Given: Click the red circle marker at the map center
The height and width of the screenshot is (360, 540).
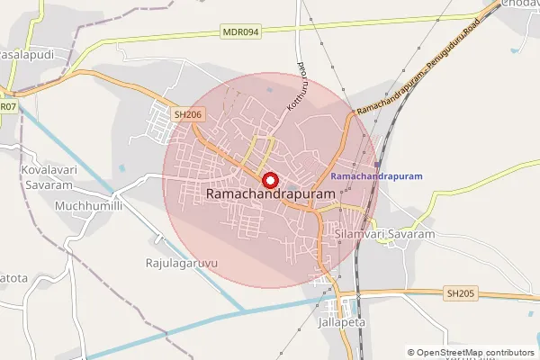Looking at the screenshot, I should click(267, 177).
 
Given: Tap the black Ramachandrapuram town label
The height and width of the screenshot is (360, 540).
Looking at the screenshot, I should click(270, 193).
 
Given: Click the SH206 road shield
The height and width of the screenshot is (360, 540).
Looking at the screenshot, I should click(186, 115).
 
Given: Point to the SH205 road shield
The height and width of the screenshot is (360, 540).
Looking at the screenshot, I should click(459, 293).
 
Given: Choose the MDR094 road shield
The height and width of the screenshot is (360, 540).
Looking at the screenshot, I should click(240, 31).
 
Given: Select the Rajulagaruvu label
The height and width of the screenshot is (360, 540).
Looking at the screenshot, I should click(175, 264).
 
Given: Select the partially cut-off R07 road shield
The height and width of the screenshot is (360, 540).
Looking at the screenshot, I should click(8, 106).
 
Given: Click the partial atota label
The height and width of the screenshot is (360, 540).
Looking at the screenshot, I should click(13, 279).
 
